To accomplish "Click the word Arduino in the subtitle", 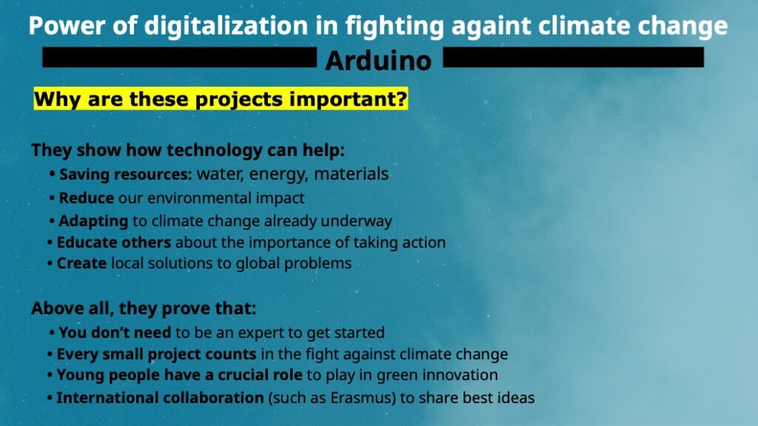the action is pos(378,61).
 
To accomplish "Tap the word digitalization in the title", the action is pos(226,26).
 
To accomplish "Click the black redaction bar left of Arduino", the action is pos(179,57).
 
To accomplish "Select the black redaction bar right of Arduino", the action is pos(574,57).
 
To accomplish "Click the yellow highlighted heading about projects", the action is pos(221,99).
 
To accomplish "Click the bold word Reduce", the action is pos(86,198).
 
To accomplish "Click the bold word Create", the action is pos(81,263).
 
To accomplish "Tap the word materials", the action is pos(352,174).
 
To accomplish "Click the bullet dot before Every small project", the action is pos(50,354).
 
